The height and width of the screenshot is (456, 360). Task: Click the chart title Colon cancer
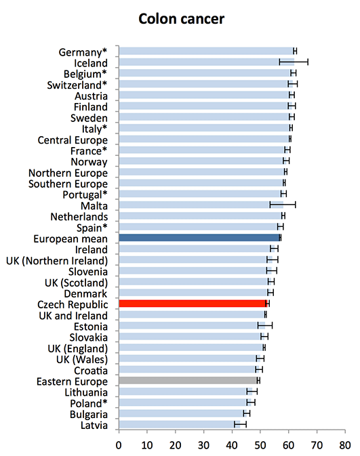point(181,19)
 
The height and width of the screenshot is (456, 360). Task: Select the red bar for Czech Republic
point(193,304)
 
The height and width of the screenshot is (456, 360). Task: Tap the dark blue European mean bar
point(199,238)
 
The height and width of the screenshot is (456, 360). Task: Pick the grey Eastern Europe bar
point(188,380)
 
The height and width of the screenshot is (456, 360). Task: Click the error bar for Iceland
point(294,62)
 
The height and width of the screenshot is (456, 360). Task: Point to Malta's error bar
point(283,205)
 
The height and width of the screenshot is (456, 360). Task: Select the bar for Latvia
point(180,424)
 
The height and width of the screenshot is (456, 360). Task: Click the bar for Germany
point(207,51)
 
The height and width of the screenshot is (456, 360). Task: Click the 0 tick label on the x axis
point(119,445)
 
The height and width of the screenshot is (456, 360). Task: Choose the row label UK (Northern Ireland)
point(57,261)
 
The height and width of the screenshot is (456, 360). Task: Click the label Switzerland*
point(77,85)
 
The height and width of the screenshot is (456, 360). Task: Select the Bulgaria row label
point(89,415)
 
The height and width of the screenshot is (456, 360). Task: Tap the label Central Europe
point(73,140)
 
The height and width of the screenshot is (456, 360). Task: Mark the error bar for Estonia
point(265,325)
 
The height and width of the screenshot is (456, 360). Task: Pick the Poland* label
point(88,404)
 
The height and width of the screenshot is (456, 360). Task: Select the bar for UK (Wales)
point(189,358)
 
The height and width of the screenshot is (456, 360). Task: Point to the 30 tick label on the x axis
point(203,445)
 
